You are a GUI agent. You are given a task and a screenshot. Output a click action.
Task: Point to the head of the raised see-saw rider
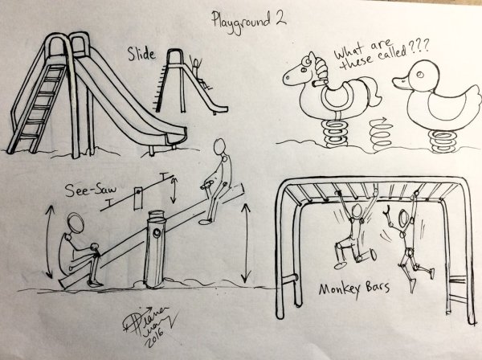[218, 149]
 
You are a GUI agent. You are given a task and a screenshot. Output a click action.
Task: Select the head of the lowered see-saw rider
[74, 223]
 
